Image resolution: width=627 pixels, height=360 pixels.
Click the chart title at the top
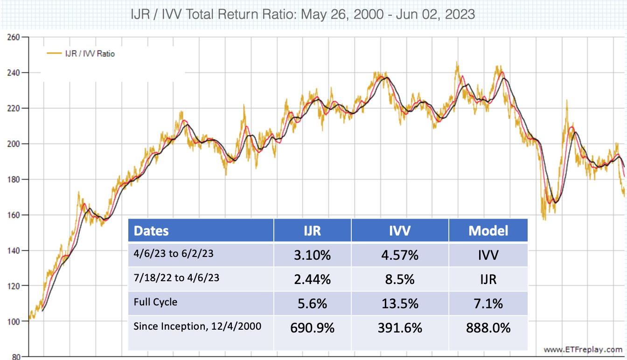pyautogui.click(x=304, y=14)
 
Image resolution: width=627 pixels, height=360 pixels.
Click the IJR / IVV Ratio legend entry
pyautogui.click(x=81, y=54)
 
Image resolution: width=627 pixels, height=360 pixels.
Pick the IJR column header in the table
pyautogui.click(x=312, y=230)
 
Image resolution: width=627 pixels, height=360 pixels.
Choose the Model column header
pyautogui.click(x=488, y=230)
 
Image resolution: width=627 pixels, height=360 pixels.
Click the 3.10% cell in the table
pyautogui.click(x=312, y=255)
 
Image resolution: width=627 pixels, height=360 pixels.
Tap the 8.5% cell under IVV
pyautogui.click(x=400, y=280)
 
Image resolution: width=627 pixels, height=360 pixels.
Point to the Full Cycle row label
pyautogui.click(x=155, y=302)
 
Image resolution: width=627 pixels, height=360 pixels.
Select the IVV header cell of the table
pyautogui.click(x=400, y=230)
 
